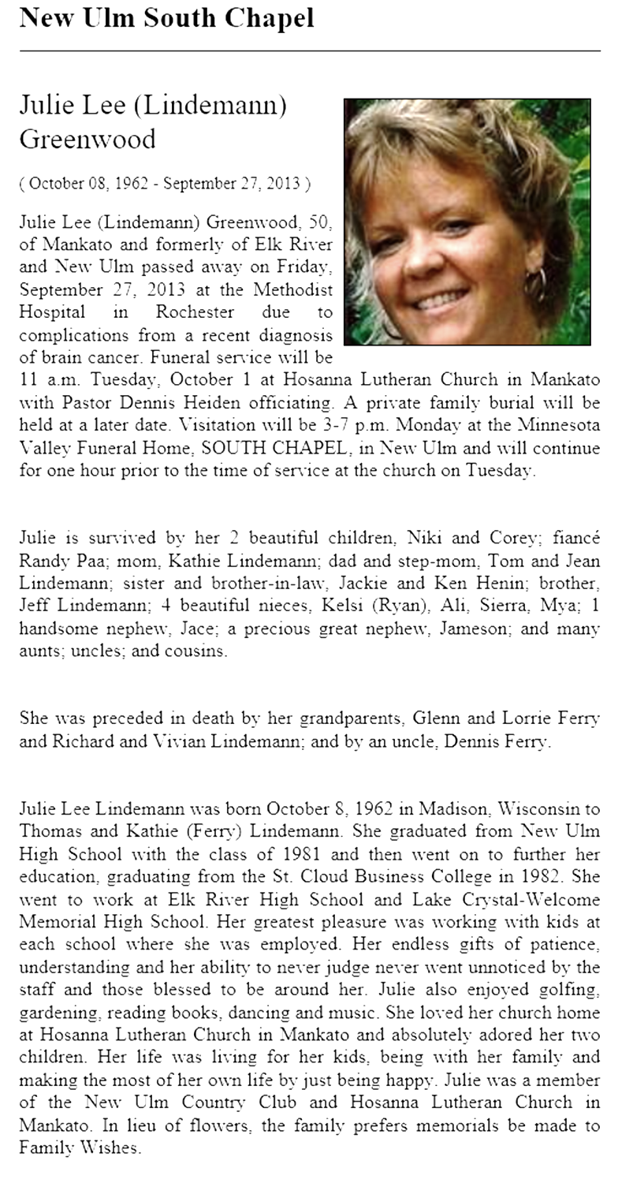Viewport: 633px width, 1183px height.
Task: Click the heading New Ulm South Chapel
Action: click(x=166, y=17)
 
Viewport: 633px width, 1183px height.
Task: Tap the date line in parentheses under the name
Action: click(x=165, y=184)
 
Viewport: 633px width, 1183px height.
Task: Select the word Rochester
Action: click(x=195, y=312)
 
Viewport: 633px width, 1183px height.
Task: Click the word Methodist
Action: click(x=292, y=289)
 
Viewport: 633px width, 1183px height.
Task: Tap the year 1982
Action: click(x=545, y=877)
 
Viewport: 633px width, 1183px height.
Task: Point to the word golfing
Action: click(x=568, y=990)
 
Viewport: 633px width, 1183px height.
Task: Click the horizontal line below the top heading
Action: click(x=310, y=50)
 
